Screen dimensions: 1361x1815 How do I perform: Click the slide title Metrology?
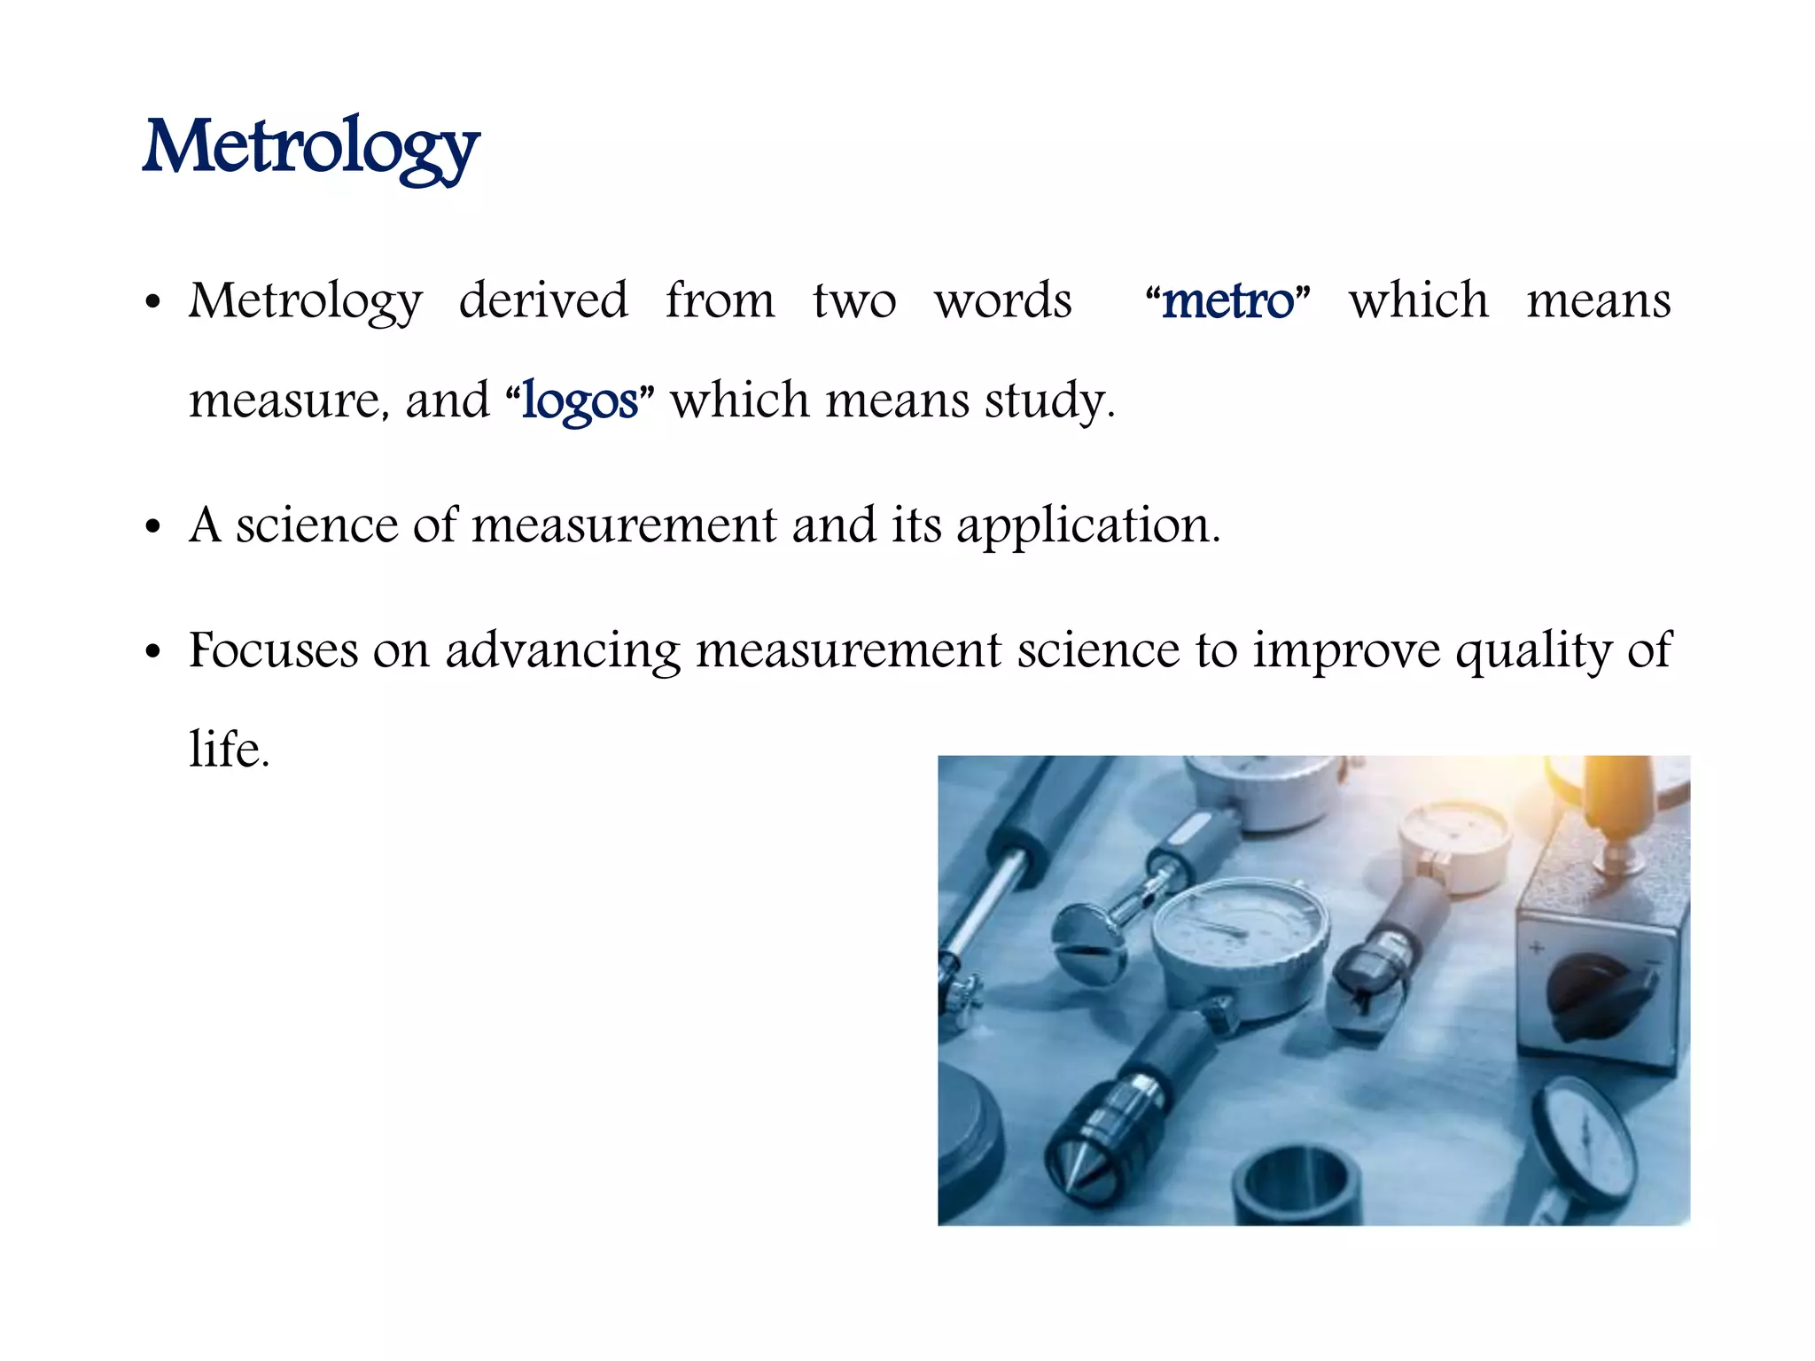click(x=311, y=147)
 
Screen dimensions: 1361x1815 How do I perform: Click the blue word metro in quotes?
click(x=1227, y=301)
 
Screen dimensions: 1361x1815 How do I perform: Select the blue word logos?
click(x=580, y=401)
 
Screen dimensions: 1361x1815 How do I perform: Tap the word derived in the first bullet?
click(x=543, y=299)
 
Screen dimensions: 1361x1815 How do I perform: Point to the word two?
click(x=854, y=300)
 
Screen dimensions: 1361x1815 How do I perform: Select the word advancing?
click(x=562, y=651)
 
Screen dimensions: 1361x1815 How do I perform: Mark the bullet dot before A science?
click(x=153, y=527)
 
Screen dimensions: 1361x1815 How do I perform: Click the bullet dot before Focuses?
click(x=153, y=652)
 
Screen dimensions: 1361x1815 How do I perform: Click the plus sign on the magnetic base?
click(x=1537, y=947)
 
